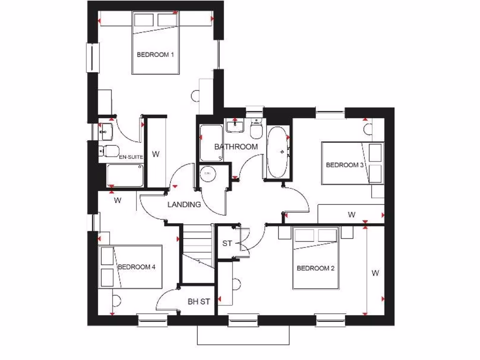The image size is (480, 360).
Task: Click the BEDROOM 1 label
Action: pyautogui.click(x=155, y=55)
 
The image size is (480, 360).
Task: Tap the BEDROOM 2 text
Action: pyautogui.click(x=315, y=269)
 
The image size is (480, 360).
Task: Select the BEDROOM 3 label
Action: pyautogui.click(x=345, y=165)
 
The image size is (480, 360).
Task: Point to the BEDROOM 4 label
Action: pyautogui.click(x=136, y=267)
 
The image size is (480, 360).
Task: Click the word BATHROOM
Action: pyautogui.click(x=236, y=147)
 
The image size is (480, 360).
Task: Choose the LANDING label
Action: pyautogui.click(x=184, y=204)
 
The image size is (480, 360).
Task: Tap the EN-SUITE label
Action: pyautogui.click(x=131, y=157)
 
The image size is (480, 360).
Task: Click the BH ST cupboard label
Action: pyautogui.click(x=199, y=302)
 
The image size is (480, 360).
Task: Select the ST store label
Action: pyautogui.click(x=227, y=244)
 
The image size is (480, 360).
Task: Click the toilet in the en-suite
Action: pyautogui.click(x=109, y=150)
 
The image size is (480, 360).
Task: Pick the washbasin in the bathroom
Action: pyautogui.click(x=233, y=125)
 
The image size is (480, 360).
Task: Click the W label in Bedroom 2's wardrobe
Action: pyautogui.click(x=375, y=273)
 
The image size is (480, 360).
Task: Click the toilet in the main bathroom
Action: pyautogui.click(x=256, y=129)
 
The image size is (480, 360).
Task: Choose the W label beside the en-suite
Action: pyautogui.click(x=156, y=154)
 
